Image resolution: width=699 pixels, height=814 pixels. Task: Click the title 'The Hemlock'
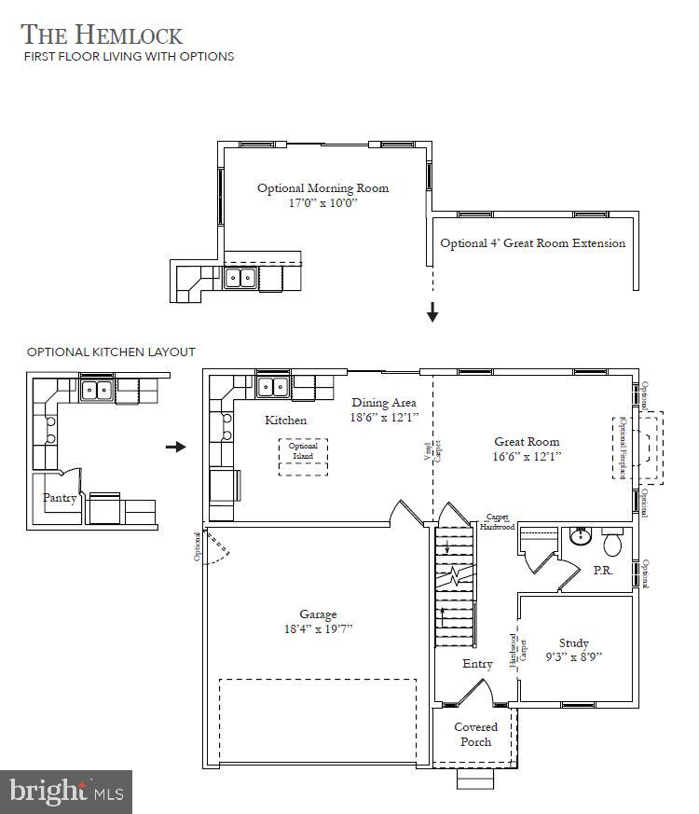tap(102, 34)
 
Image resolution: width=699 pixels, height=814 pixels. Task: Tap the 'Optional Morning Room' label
tap(322, 188)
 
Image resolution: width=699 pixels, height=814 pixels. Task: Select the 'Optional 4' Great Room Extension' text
tap(532, 243)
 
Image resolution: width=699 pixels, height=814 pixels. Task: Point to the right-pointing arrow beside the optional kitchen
tap(175, 447)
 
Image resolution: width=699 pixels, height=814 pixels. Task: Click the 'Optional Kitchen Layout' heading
tap(111, 352)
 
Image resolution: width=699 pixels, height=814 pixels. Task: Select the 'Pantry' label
tap(60, 498)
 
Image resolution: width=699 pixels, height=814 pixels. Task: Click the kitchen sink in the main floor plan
tap(272, 386)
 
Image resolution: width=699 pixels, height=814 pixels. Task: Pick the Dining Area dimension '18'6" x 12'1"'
tap(385, 418)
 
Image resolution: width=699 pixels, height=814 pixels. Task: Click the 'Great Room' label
tap(527, 442)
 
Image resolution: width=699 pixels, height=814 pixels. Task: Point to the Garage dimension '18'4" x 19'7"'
tap(318, 628)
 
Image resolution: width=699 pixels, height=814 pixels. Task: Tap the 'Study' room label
tap(573, 642)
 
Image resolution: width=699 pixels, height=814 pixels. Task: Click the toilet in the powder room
tap(613, 543)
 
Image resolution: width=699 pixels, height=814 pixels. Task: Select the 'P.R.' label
tap(603, 571)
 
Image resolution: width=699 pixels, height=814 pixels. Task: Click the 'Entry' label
tap(477, 664)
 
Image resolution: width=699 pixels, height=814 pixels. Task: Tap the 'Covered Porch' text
tap(475, 734)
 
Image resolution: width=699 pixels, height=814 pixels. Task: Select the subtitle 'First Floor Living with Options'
tap(128, 57)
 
